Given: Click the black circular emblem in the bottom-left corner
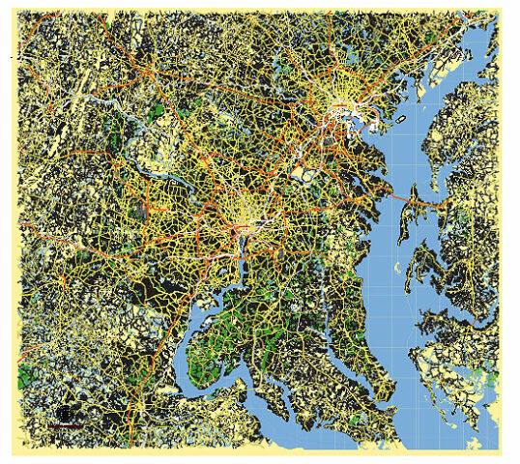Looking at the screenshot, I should [65, 414].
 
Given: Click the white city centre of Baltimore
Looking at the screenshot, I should [342, 112].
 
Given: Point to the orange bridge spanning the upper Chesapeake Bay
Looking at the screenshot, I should [393, 206].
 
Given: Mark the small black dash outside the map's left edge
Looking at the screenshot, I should [11, 59].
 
